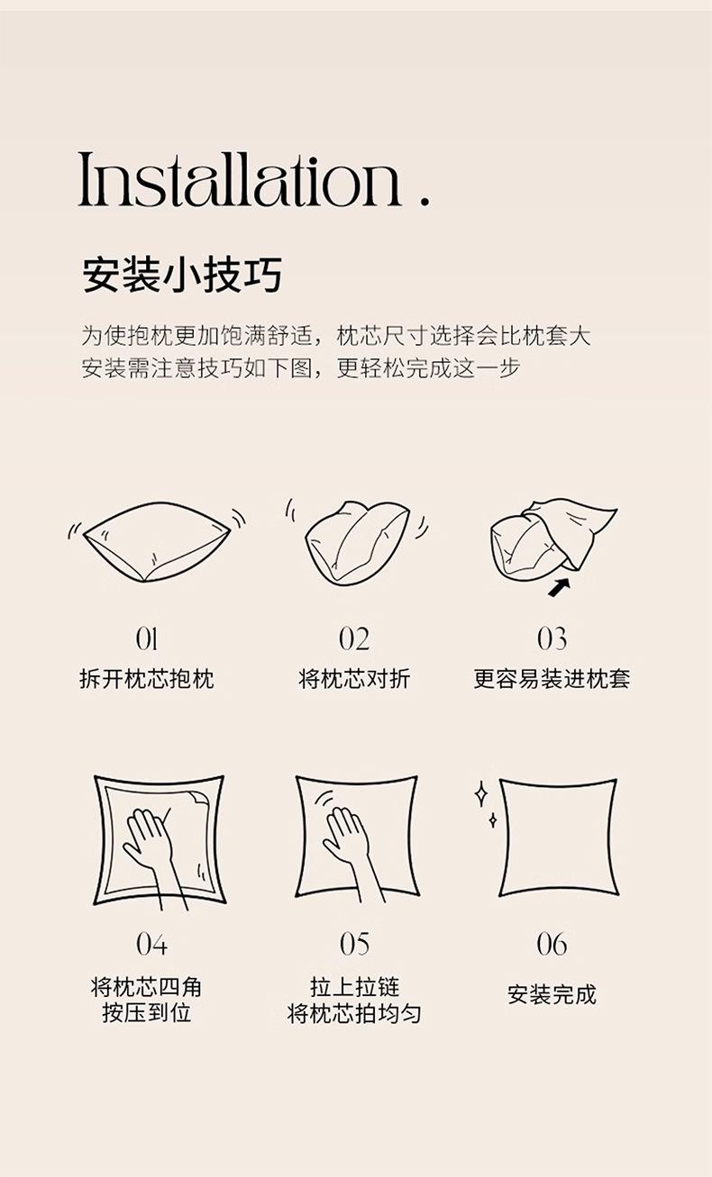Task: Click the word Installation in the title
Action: pos(240,179)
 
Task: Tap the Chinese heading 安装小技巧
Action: pos(182,275)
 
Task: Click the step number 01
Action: pos(146,639)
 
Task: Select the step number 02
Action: pos(354,639)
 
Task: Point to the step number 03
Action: pos(552,639)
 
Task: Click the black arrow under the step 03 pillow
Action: pos(559,587)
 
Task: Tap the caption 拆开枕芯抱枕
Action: pos(147,678)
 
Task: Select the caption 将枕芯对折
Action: pos(354,678)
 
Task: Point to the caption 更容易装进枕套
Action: pos(552,678)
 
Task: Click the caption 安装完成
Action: pos(552,994)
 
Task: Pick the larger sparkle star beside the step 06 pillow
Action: pos(480,793)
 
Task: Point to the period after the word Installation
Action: pos(424,201)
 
